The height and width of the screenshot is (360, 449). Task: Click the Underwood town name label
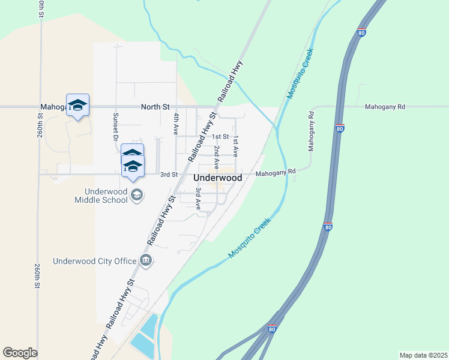(x=218, y=178)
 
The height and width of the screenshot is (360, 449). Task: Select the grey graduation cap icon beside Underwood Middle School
(x=137, y=194)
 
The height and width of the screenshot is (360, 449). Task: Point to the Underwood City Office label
(x=94, y=260)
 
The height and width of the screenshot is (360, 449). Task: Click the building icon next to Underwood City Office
(x=145, y=260)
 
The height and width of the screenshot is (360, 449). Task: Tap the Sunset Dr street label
(x=116, y=125)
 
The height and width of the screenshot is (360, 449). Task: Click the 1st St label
(x=221, y=137)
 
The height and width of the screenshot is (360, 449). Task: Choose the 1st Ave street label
(x=236, y=146)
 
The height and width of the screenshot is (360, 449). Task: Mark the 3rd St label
(x=169, y=175)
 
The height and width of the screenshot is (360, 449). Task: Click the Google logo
(x=20, y=353)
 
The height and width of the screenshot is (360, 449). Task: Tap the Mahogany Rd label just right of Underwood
(x=276, y=173)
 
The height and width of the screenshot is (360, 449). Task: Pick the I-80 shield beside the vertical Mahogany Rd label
(x=340, y=128)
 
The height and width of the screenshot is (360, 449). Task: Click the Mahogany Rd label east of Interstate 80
(x=385, y=107)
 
